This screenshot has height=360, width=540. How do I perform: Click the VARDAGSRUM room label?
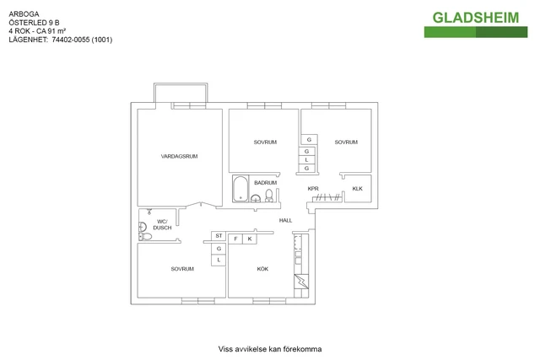[179, 156]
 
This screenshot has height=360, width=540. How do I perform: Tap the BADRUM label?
[265, 183]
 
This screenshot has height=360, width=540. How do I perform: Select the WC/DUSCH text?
[162, 225]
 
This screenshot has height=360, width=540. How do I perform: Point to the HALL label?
[285, 220]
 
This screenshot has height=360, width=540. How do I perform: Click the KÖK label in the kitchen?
[262, 269]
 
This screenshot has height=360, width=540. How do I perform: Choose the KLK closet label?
[358, 189]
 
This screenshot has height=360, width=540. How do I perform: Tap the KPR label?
[313, 189]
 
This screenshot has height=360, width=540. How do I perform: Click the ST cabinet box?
[219, 236]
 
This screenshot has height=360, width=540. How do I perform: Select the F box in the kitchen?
[235, 239]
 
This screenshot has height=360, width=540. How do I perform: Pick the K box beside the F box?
[250, 239]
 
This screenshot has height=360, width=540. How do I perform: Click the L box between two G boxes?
[306, 159]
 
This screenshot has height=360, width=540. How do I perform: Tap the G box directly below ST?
[219, 249]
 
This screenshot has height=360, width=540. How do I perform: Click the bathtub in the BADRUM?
[240, 189]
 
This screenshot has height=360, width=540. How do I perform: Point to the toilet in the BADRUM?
[269, 196]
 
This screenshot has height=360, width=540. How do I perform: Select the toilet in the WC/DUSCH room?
[146, 236]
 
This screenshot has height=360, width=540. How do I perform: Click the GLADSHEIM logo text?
[476, 18]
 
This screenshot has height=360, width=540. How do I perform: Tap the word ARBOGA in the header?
[24, 14]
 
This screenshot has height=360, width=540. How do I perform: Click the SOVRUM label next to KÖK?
[182, 269]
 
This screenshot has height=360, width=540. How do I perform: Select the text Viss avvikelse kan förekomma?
[270, 349]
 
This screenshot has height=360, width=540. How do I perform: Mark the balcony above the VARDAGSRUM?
[181, 83]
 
